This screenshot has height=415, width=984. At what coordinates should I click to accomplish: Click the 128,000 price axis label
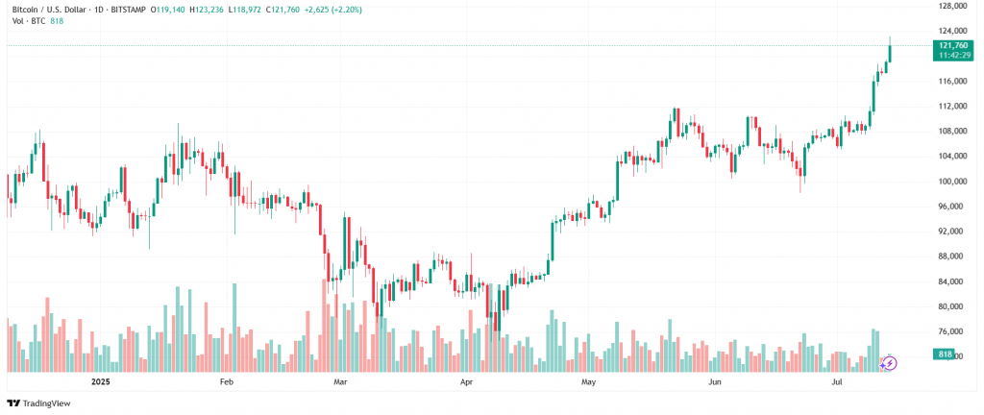(x=952, y=6)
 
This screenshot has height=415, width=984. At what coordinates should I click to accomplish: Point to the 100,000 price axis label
(x=952, y=182)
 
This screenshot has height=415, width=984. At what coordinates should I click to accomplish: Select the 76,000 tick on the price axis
(x=952, y=331)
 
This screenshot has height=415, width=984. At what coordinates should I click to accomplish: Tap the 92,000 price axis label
(x=952, y=232)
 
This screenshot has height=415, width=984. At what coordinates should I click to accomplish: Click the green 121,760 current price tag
(x=952, y=45)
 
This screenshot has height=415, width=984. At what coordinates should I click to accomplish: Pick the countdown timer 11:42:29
(x=952, y=56)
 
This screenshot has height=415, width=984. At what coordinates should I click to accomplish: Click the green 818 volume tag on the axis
(x=946, y=355)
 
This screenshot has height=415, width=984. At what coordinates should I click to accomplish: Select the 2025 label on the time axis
(x=101, y=381)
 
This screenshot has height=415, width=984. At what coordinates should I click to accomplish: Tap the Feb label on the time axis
(x=227, y=381)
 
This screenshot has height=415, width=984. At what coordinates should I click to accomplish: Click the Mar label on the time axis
(x=339, y=381)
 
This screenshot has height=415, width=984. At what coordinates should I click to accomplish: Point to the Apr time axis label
(x=467, y=381)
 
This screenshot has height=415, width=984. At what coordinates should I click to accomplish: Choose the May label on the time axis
(x=589, y=381)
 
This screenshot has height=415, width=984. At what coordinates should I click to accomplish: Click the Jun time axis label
(x=714, y=381)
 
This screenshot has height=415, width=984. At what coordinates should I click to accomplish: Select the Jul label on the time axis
(x=836, y=381)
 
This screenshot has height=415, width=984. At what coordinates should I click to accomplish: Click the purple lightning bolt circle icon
(x=890, y=362)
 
